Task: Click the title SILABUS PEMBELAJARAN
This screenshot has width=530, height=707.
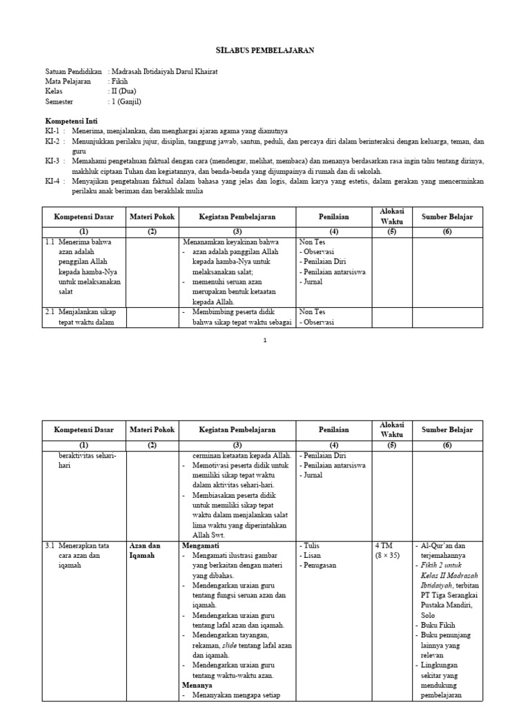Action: pyautogui.click(x=264, y=50)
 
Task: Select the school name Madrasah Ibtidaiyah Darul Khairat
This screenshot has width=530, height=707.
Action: pyautogui.click(x=164, y=72)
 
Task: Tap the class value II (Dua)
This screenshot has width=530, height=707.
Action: pyautogui.click(x=124, y=91)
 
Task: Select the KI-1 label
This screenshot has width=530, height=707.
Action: pyautogui.click(x=53, y=130)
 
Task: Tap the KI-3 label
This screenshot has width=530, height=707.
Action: pyautogui.click(x=53, y=161)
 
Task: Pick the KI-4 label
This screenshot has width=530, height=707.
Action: pyautogui.click(x=53, y=181)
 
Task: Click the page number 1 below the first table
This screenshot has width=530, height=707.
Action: pyautogui.click(x=265, y=340)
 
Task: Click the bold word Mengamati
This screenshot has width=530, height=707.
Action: pyautogui.click(x=200, y=545)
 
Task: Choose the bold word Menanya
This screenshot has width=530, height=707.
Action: pyautogui.click(x=197, y=686)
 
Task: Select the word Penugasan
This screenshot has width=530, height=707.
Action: pyautogui.click(x=320, y=565)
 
